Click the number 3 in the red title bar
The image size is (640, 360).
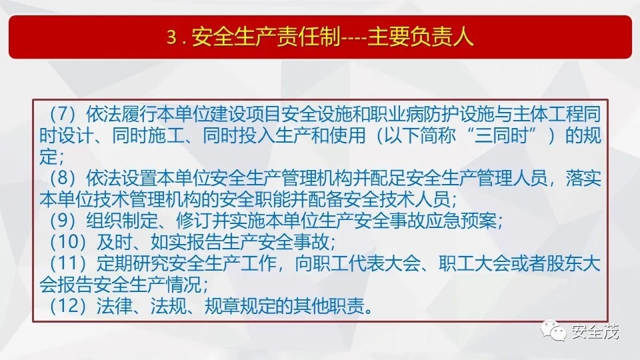click(x=171, y=37)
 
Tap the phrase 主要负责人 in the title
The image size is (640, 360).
click(x=421, y=37)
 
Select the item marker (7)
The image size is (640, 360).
click(x=62, y=114)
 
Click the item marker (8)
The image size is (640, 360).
click(x=62, y=178)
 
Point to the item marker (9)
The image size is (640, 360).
click(x=62, y=221)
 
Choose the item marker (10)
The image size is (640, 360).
click(x=67, y=241)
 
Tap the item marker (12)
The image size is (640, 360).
click(x=67, y=305)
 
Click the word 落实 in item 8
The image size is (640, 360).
click(x=583, y=178)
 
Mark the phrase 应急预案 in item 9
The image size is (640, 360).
click(x=461, y=221)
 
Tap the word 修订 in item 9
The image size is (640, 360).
click(x=194, y=221)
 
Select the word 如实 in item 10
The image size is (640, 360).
click(x=168, y=241)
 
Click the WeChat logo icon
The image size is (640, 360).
click(x=553, y=330)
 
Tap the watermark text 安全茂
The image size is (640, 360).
click(x=595, y=331)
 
